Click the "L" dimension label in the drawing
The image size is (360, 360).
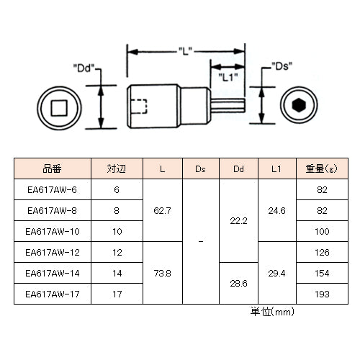tap(186, 51)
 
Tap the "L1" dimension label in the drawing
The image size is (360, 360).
tap(228, 77)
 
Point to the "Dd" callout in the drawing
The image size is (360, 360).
tap(84, 68)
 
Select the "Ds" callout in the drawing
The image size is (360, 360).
tap(282, 66)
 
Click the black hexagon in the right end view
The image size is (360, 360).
tap(298, 105)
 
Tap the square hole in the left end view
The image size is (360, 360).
tap(59, 108)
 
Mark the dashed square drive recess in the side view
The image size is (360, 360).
tap(139, 106)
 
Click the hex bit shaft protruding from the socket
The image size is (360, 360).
tap(228, 106)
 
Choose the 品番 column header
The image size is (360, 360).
tap(52, 168)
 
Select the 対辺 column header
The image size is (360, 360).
tap(117, 168)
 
